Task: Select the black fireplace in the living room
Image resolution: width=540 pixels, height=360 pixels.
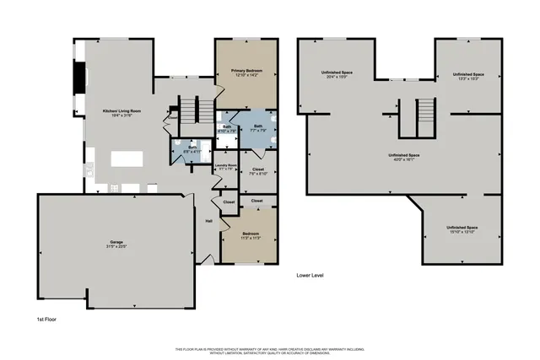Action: point(81,78)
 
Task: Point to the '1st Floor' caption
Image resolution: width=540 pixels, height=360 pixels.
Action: point(47,320)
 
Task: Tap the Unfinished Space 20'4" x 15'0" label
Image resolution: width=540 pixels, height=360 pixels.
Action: point(335,73)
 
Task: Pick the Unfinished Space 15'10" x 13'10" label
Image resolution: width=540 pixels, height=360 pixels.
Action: point(462,228)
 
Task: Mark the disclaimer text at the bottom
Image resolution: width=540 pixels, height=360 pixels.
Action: point(270,350)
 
